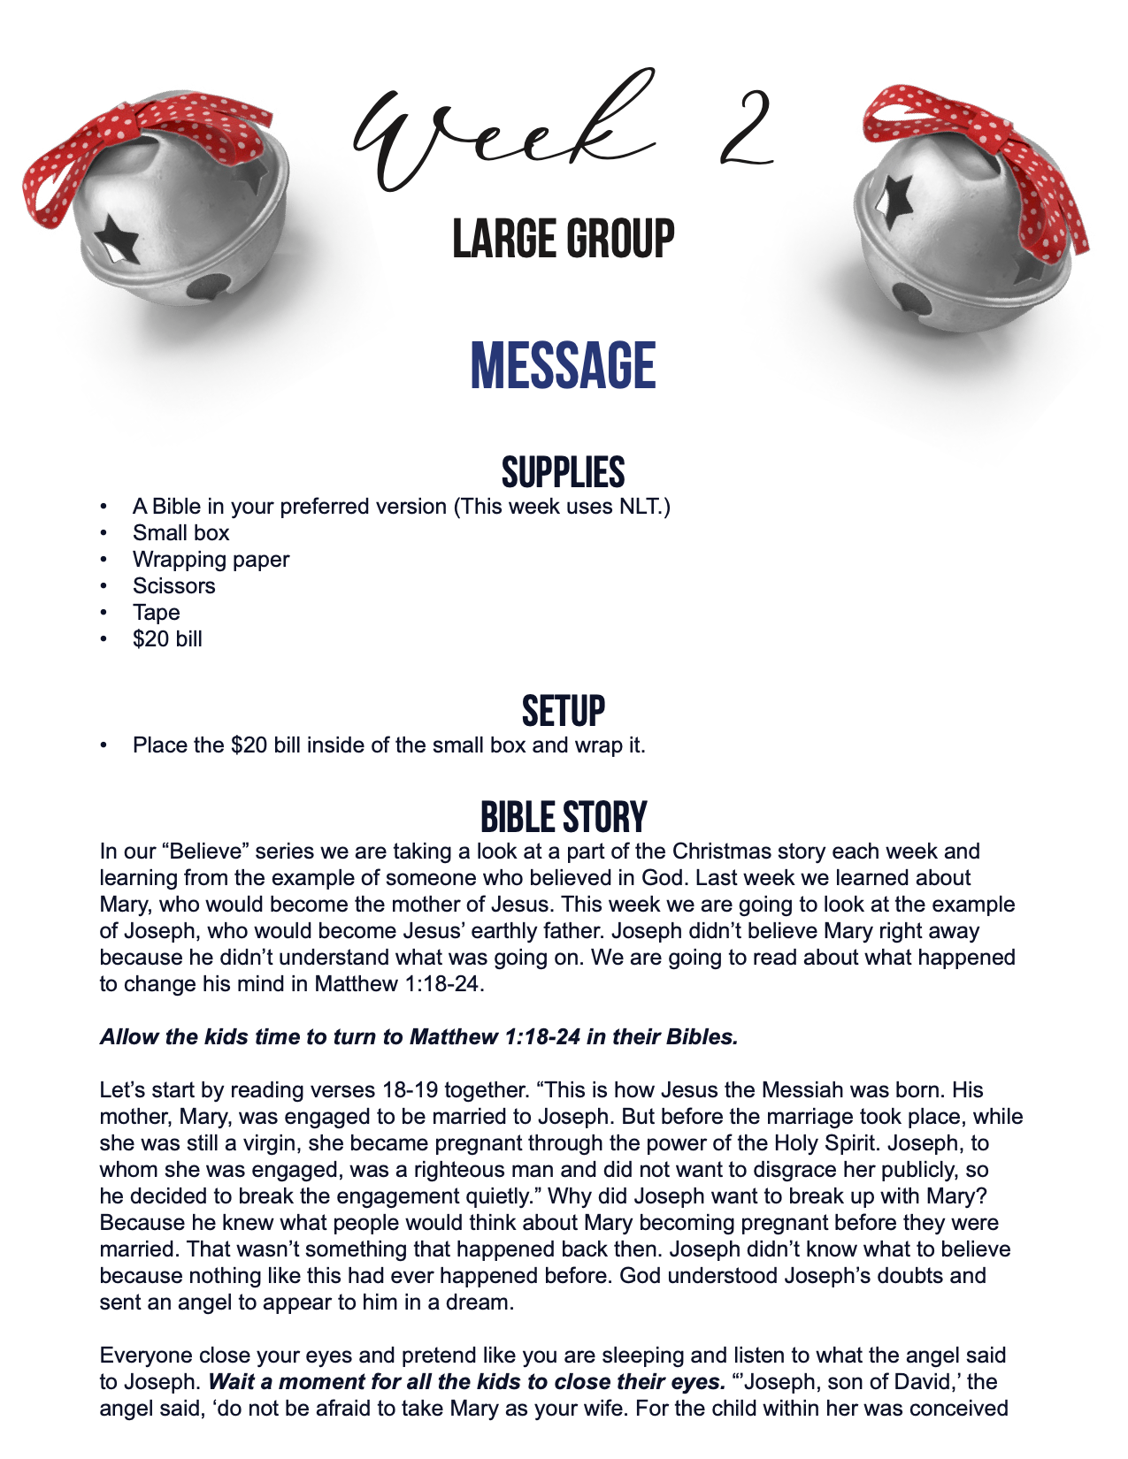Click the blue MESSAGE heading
564,366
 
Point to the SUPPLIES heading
564,473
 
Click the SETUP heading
564,712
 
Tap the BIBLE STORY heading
564,818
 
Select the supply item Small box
180,533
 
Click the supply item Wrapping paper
211,560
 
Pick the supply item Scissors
173,586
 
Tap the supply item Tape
156,613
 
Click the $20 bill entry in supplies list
167,639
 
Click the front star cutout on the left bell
118,238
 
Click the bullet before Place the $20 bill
104,745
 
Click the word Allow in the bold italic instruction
126,1037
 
